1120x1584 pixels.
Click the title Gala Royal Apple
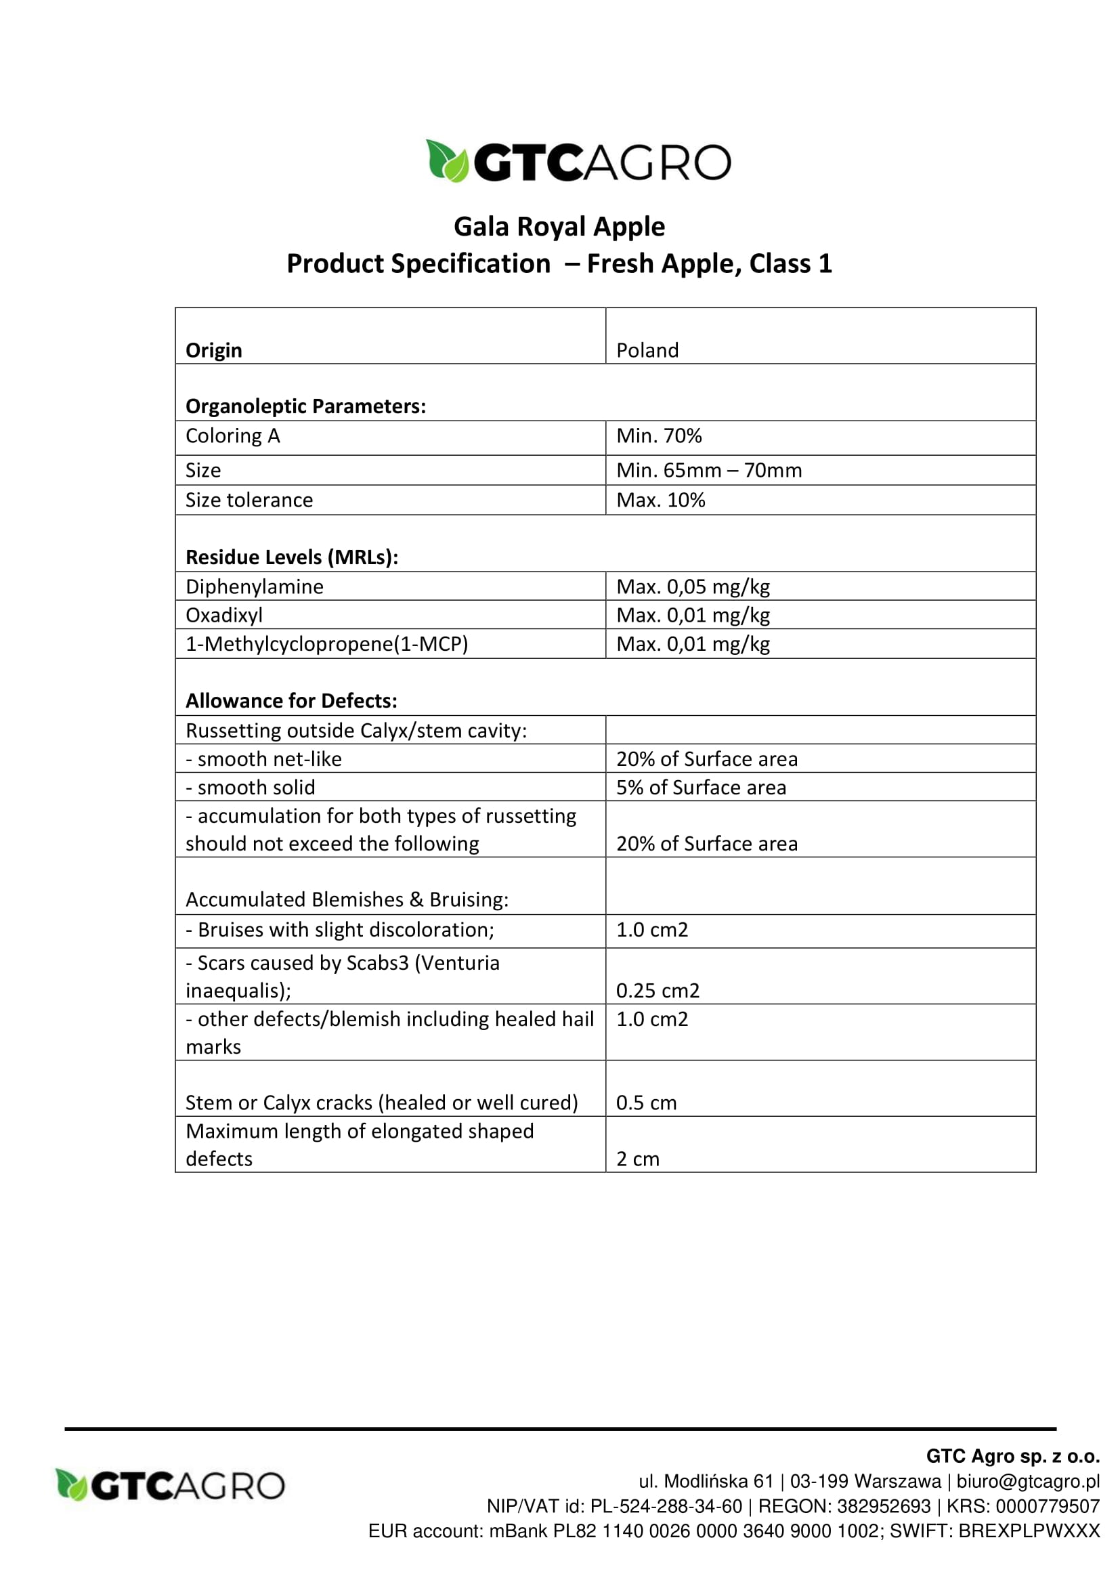pyautogui.click(x=559, y=226)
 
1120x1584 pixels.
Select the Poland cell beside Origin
pyautogui.click(x=647, y=351)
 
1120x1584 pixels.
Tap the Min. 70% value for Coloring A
pyautogui.click(x=659, y=436)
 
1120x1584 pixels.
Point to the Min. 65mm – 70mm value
pyautogui.click(x=708, y=471)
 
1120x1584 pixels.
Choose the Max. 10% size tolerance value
pyautogui.click(x=660, y=500)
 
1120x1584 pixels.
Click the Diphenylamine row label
pyautogui.click(x=255, y=586)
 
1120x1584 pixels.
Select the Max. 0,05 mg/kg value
pyautogui.click(x=693, y=586)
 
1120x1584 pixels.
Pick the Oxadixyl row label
pyautogui.click(x=224, y=615)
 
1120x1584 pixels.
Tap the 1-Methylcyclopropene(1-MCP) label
pyautogui.click(x=327, y=643)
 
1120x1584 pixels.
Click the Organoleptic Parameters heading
pyautogui.click(x=305, y=406)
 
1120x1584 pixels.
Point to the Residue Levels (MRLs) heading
pyautogui.click(x=292, y=557)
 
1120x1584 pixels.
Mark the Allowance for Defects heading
pyautogui.click(x=291, y=701)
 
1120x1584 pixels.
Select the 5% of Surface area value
pyautogui.click(x=701, y=787)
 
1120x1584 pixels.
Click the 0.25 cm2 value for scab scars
pyautogui.click(x=658, y=991)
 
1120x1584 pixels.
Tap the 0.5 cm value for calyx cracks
pyautogui.click(x=645, y=1103)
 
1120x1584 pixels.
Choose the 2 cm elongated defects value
pyautogui.click(x=637, y=1159)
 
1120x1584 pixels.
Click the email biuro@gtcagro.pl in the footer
pyautogui.click(x=1028, y=1481)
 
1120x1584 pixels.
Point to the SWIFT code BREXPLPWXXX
pyautogui.click(x=1029, y=1531)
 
